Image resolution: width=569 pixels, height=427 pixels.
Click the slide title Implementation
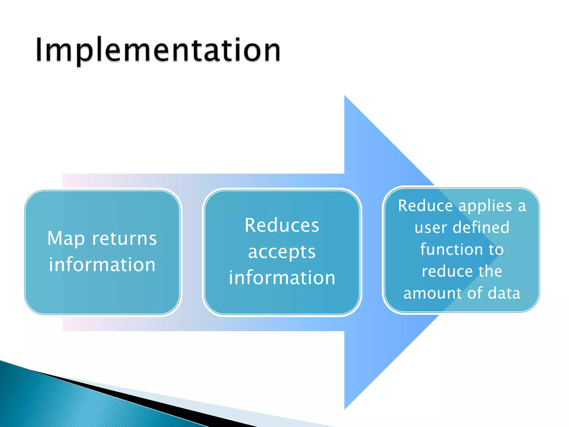pos(158,50)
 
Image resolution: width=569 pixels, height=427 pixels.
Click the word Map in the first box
pos(66,239)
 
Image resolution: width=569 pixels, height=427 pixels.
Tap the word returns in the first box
pos(124,239)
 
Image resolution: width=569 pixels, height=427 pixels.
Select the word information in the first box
pos(102,264)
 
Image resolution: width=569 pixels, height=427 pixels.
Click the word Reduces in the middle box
pos(282,225)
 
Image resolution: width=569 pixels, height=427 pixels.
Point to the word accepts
pos(282,252)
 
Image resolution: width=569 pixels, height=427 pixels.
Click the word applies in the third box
pos(485,206)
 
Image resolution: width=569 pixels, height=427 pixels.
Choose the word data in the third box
pos(504,293)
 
